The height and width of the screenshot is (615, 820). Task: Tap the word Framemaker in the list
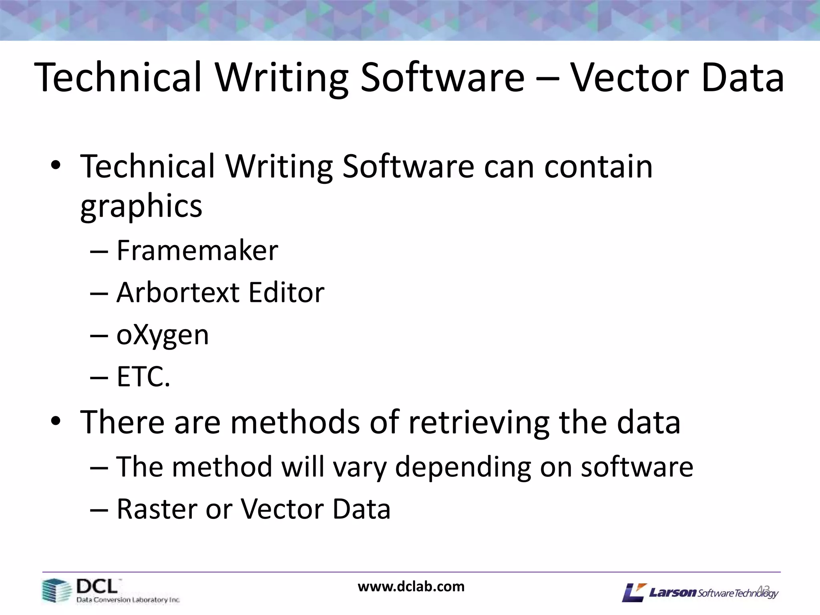pyautogui.click(x=197, y=251)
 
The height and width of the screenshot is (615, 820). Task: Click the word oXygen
pyautogui.click(x=163, y=336)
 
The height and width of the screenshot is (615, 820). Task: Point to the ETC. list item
pyautogui.click(x=143, y=377)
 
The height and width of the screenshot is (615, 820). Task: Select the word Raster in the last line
pyautogui.click(x=156, y=509)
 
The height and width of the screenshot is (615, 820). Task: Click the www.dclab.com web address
pyautogui.click(x=411, y=587)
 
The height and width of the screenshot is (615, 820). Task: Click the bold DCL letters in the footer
pyautogui.click(x=97, y=587)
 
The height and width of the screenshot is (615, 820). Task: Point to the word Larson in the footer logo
pyautogui.click(x=673, y=592)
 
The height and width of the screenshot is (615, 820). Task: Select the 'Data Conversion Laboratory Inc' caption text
pyautogui.click(x=128, y=600)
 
